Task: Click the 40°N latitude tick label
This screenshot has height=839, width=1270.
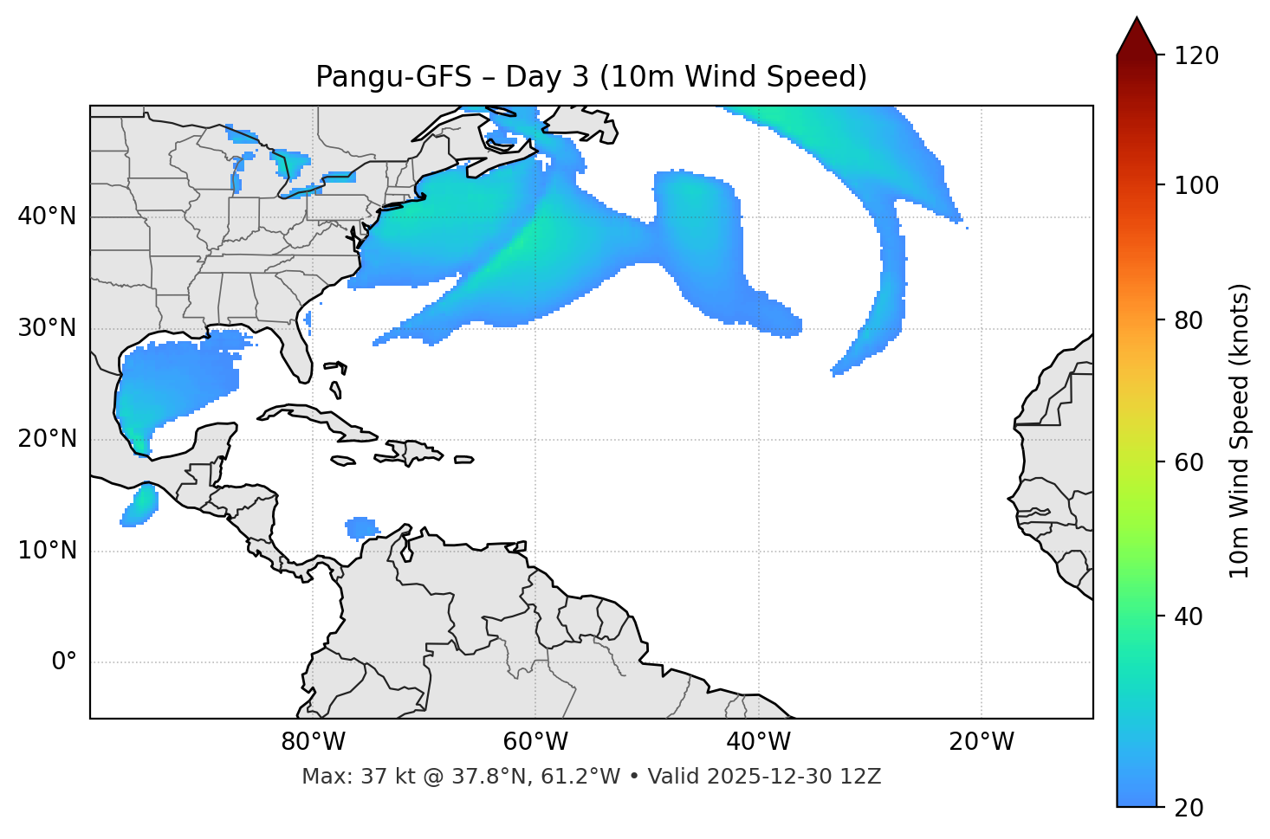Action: click(x=47, y=216)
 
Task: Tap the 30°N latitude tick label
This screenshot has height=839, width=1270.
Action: click(x=47, y=328)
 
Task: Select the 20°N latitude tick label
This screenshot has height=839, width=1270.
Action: click(x=47, y=439)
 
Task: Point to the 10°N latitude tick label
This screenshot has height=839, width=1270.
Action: click(x=47, y=551)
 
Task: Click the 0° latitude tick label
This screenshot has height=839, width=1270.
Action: click(x=64, y=662)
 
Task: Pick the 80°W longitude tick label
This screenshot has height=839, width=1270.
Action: click(x=313, y=742)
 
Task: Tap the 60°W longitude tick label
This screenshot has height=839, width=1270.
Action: click(x=535, y=742)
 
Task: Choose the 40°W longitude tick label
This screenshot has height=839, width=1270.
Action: click(x=758, y=742)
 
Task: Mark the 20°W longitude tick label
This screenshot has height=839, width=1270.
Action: click(x=981, y=742)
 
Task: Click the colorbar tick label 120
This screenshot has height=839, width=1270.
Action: click(x=1196, y=56)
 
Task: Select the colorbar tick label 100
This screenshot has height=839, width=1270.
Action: click(x=1196, y=185)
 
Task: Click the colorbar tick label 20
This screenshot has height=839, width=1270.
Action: click(x=1189, y=808)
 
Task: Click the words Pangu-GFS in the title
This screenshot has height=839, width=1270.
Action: click(x=393, y=77)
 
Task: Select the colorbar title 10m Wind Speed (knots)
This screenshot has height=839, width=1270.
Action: click(x=1240, y=430)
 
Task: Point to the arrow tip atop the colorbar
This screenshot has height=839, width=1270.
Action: click(x=1137, y=19)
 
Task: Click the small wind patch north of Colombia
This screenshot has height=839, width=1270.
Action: click(x=361, y=526)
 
